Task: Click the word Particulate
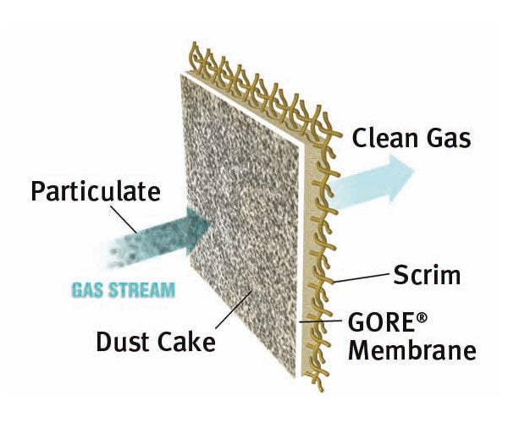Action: [x=95, y=191]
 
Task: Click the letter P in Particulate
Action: [x=39, y=191]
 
